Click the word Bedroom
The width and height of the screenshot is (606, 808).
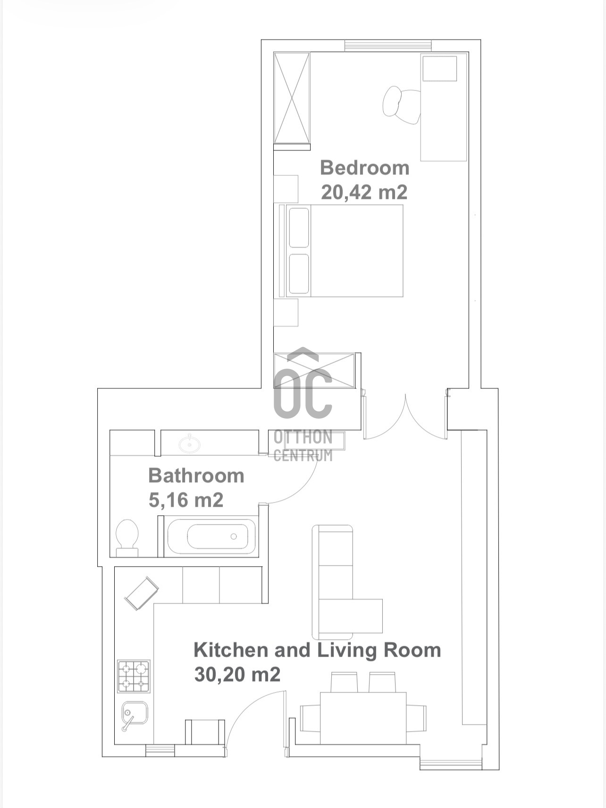364,168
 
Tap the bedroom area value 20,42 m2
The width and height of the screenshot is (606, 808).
364,192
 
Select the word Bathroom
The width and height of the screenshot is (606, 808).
196,476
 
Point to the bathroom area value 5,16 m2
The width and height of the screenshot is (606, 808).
185,500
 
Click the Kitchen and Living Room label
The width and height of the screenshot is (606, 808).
317,650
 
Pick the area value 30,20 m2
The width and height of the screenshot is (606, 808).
237,675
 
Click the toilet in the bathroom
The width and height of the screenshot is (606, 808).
127,538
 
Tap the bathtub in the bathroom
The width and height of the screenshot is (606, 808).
212,537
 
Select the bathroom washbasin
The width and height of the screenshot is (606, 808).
190,444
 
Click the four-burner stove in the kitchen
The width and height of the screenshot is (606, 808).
134,676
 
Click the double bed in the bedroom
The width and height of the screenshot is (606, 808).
341,251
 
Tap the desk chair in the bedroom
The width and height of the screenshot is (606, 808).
401,103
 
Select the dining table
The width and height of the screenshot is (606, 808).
363,718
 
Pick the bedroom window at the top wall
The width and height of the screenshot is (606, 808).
388,46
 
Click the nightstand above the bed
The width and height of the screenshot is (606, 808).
286,189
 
